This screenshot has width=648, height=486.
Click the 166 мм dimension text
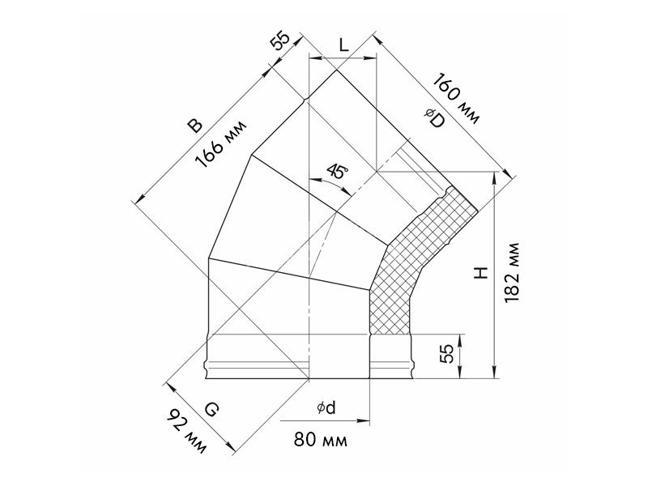point(222,144)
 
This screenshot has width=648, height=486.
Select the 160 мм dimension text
point(457,98)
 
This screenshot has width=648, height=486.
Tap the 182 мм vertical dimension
point(512,272)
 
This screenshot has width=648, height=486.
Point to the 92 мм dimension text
point(186,432)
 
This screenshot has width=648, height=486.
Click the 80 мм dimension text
point(320,440)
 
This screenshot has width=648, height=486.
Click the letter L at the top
point(343,45)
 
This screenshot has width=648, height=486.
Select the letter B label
point(194,126)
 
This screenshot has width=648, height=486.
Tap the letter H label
point(480,273)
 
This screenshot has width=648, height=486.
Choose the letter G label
point(211,410)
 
